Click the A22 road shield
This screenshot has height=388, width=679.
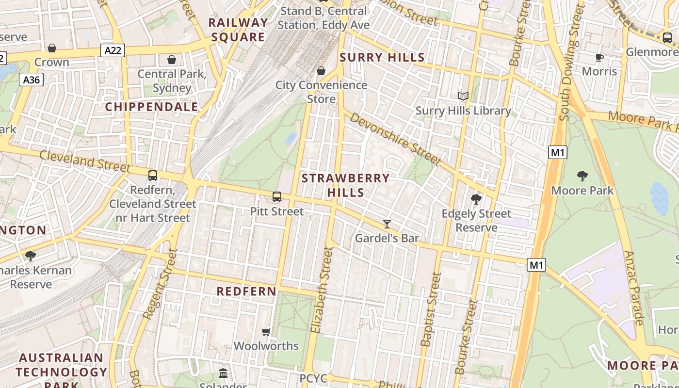point(113,50)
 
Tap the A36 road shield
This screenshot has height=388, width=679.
point(32,80)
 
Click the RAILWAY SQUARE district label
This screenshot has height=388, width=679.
point(238,30)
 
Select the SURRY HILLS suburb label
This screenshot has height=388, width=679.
point(382,58)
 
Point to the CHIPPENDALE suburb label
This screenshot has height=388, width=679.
point(152,107)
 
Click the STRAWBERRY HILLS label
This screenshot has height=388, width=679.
point(345,185)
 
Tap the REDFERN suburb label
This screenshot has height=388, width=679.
point(246,291)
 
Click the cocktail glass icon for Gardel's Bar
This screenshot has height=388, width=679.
point(387,224)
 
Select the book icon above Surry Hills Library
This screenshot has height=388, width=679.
point(463,97)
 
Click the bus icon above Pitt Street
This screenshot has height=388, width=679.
point(277,197)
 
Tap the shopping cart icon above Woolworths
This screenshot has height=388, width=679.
point(266,332)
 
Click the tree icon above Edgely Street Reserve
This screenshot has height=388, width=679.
point(476,199)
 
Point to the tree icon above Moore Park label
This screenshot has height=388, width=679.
point(582,176)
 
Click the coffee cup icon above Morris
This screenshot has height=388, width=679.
point(599,58)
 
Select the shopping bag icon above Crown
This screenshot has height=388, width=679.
point(52,48)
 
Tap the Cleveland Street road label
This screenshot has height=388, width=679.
point(85,161)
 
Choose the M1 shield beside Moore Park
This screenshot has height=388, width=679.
point(558,152)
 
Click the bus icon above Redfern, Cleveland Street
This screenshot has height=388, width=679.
point(153,175)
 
